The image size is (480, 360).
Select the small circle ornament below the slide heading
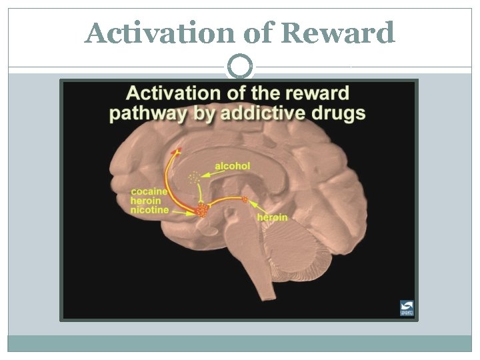tap(240, 66)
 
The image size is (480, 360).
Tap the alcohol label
tap(233, 165)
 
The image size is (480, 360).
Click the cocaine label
tap(149, 192)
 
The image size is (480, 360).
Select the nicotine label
tap(150, 210)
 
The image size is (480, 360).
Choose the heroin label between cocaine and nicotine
tap(146, 201)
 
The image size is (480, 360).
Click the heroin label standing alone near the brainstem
tap(272, 217)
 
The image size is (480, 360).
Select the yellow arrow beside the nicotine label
tap(181, 211)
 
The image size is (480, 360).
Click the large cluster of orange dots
tap(201, 211)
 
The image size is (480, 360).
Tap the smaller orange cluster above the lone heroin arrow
tap(245, 199)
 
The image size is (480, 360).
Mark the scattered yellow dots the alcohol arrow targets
tap(194, 178)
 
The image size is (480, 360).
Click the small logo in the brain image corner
tap(406, 307)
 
